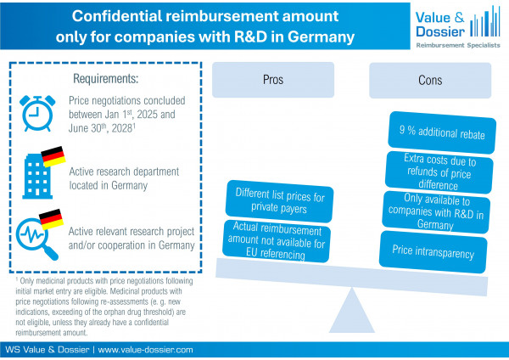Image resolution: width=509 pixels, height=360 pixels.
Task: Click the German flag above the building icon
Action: click(x=53, y=155)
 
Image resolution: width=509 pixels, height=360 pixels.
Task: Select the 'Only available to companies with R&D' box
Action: click(x=432, y=210)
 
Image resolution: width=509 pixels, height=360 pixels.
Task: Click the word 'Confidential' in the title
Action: click(x=119, y=15)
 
